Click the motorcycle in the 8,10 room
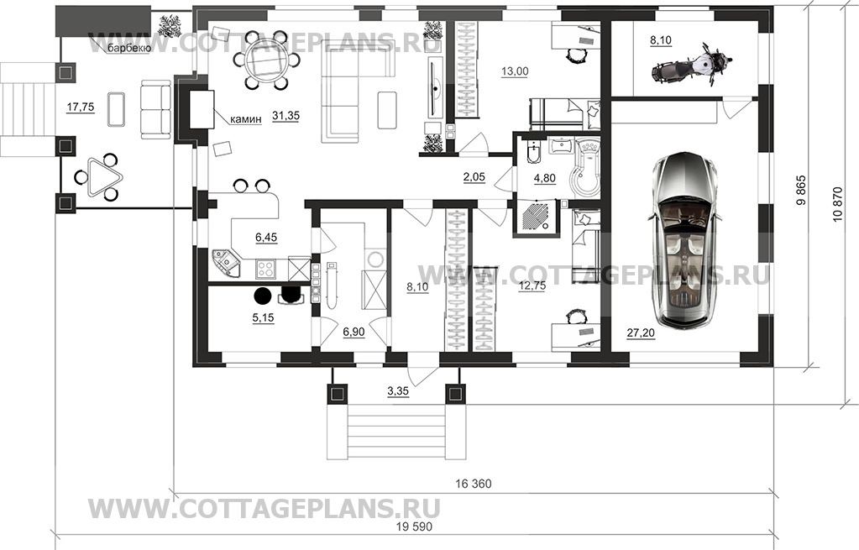pyautogui.click(x=691, y=65)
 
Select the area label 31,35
pyautogui.click(x=285, y=116)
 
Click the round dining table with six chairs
pyautogui.click(x=265, y=60)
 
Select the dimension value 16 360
pyautogui.click(x=474, y=484)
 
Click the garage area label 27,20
pyautogui.click(x=641, y=333)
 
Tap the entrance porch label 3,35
pyautogui.click(x=398, y=391)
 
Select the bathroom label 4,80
pyautogui.click(x=545, y=178)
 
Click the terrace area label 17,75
pyautogui.click(x=80, y=107)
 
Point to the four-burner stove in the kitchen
pyautogui.click(x=266, y=269)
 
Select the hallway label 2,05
pyautogui.click(x=474, y=177)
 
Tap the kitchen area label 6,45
pyautogui.click(x=266, y=237)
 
